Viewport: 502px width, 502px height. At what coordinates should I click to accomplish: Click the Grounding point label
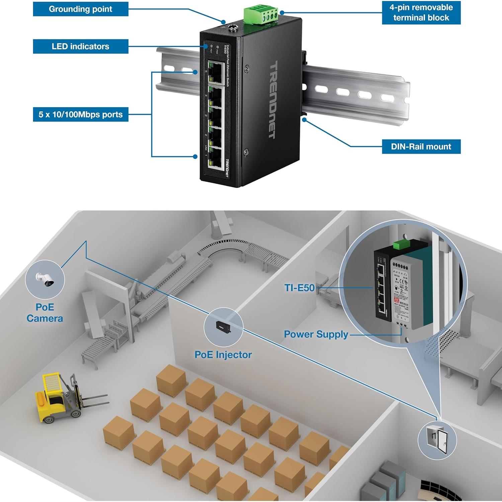[80, 9]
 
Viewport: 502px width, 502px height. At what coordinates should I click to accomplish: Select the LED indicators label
[80, 47]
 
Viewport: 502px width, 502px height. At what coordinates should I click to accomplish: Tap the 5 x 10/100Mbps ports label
[80, 114]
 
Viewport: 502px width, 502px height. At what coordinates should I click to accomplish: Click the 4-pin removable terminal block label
[421, 13]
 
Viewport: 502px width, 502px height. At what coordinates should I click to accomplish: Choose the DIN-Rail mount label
[421, 147]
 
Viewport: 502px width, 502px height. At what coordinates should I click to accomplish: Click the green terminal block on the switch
[261, 15]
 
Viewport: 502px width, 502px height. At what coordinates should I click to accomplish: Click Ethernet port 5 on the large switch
[216, 72]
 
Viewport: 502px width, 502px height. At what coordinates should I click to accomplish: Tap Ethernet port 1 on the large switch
[216, 159]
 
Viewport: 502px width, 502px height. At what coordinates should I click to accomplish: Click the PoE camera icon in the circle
[45, 279]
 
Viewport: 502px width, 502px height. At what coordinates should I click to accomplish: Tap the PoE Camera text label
[45, 313]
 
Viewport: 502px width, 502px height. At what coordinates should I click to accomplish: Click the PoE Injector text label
[223, 355]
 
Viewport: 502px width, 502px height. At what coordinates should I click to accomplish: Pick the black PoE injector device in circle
[223, 327]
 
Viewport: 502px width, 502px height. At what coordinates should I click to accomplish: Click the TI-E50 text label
[299, 288]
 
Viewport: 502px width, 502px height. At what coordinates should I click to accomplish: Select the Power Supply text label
[316, 334]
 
